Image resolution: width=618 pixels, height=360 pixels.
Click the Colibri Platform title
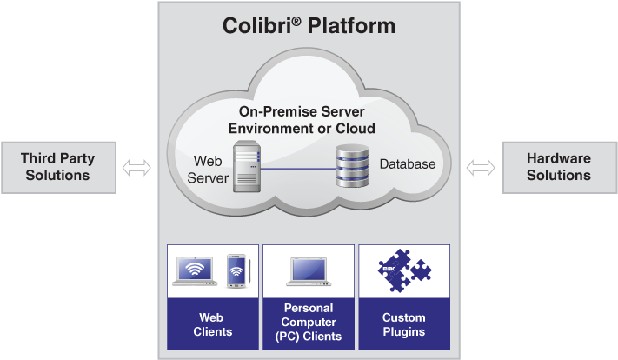(309, 26)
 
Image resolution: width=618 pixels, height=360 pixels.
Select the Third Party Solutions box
(57, 167)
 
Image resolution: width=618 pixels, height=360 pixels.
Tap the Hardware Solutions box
(559, 167)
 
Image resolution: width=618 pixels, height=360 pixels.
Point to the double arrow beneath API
(136, 167)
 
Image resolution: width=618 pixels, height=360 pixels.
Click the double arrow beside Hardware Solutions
(481, 167)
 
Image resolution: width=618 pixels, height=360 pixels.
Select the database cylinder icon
(352, 167)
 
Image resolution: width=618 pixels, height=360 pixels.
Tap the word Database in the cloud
(407, 164)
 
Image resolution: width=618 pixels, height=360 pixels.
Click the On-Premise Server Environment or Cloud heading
(301, 120)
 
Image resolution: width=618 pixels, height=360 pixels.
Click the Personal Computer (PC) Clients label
(309, 323)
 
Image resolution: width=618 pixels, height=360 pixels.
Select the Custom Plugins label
(403, 324)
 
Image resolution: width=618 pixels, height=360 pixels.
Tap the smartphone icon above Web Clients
(236, 270)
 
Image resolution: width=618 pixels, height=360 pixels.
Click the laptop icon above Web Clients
(196, 271)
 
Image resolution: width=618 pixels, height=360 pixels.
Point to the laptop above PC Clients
(309, 271)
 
